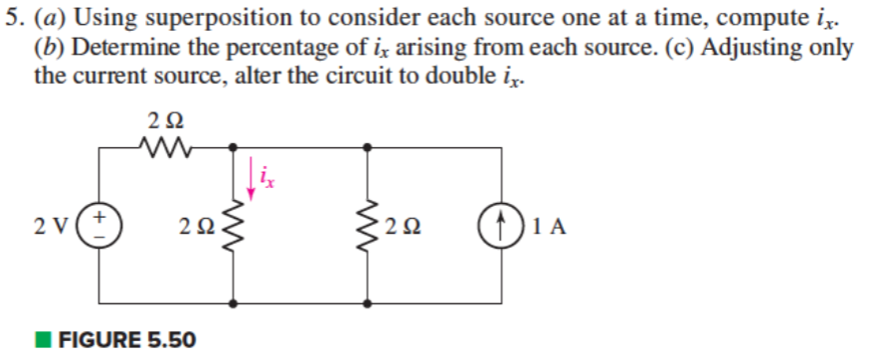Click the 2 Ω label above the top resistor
coord(164,121)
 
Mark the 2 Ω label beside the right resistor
coord(403,227)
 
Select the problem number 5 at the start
coord(11,18)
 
